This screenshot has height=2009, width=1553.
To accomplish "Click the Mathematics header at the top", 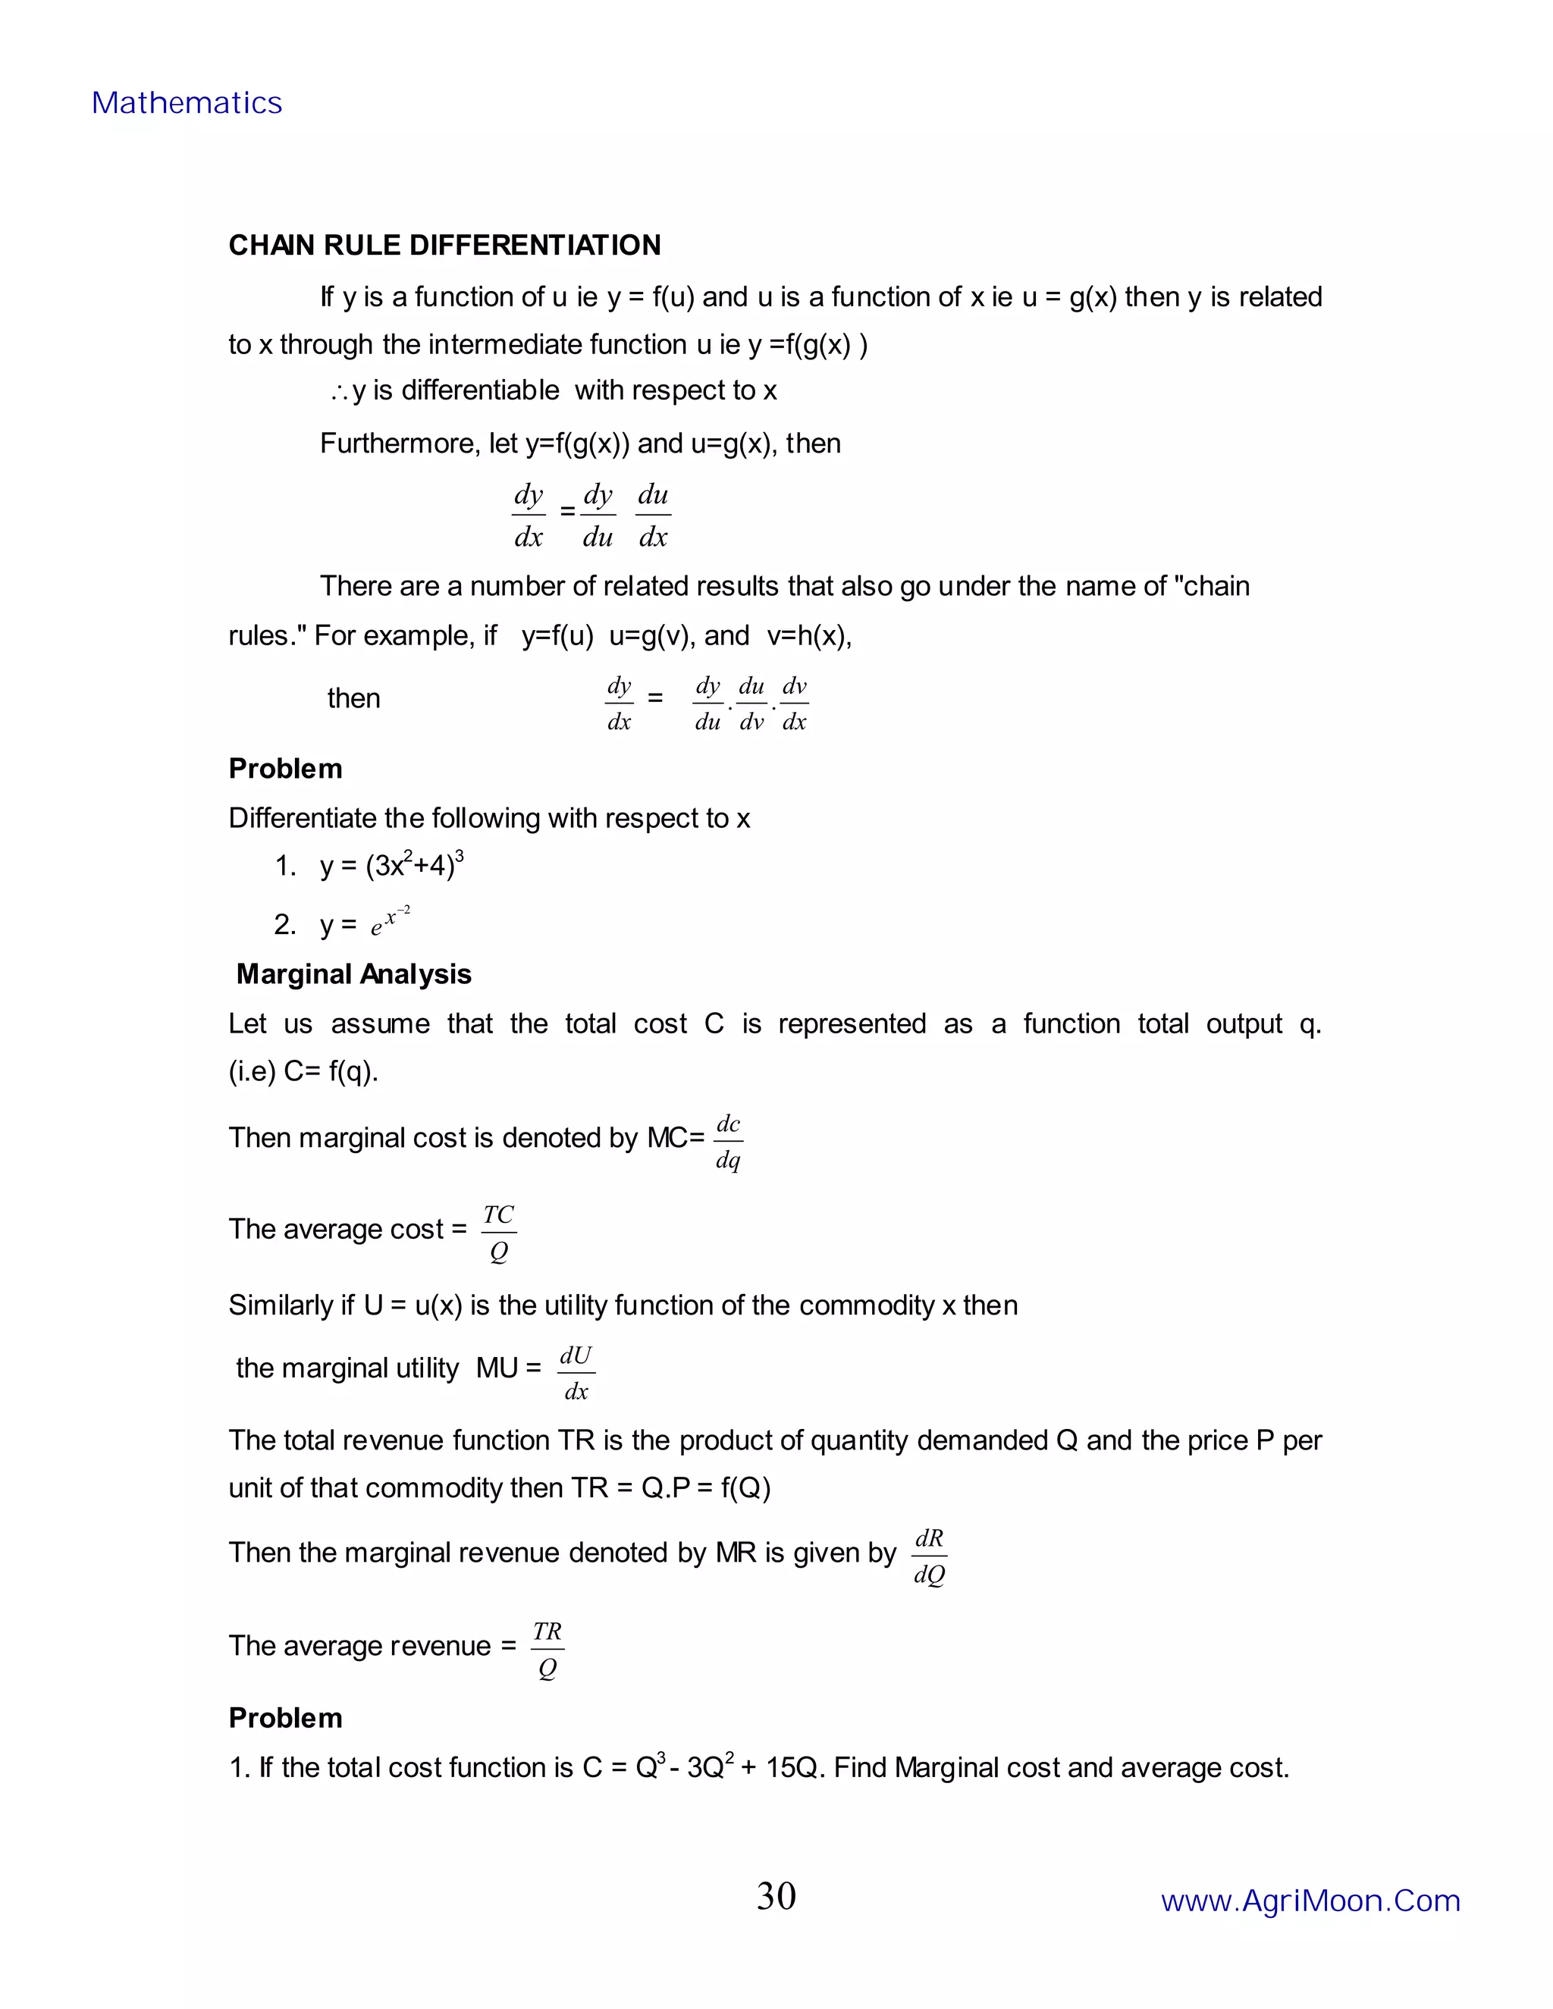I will [187, 103].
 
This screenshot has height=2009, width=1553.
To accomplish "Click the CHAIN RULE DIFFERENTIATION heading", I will [444, 246].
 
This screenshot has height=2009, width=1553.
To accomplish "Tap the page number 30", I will [776, 1896].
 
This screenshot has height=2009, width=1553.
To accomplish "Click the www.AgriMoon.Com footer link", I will [1310, 1901].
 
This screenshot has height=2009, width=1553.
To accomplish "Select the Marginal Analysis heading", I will [353, 974].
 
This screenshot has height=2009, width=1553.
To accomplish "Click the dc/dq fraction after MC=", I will [728, 1142].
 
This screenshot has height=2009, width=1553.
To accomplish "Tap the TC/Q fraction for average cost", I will [499, 1233].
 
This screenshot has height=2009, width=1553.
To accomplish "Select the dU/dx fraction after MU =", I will [576, 1372].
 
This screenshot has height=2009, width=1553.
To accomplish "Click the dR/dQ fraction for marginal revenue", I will [929, 1556].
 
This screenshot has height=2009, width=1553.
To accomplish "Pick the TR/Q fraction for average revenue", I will [547, 1650].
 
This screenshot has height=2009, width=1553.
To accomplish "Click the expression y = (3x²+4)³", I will [392, 866].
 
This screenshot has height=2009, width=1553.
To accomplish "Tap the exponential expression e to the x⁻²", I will [390, 922].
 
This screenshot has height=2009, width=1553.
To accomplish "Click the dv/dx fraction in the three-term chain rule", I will [794, 704].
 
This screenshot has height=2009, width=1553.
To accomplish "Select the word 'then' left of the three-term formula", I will [353, 698].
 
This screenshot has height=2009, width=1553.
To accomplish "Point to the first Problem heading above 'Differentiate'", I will [285, 768].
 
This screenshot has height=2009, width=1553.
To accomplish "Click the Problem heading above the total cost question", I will [285, 1717].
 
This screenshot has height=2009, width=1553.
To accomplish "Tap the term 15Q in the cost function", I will [791, 1768].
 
